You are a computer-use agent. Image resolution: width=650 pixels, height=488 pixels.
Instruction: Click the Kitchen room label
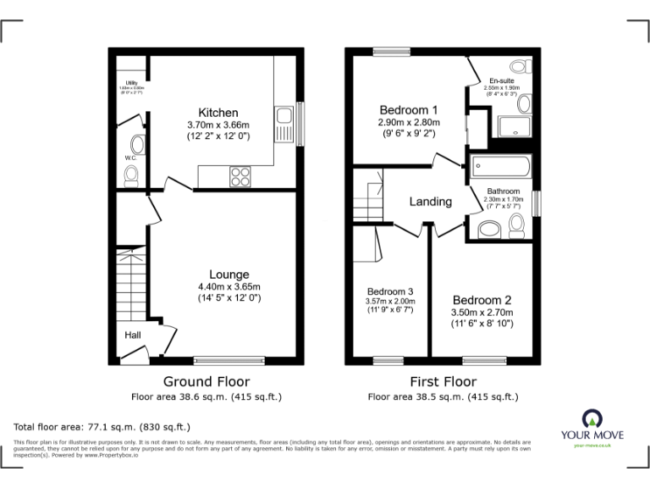coord(218,113)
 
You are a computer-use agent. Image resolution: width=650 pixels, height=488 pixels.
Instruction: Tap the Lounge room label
coord(229,274)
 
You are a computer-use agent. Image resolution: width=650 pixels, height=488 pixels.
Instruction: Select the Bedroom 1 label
coord(408,110)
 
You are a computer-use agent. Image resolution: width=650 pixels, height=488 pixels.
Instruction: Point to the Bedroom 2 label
coord(482,300)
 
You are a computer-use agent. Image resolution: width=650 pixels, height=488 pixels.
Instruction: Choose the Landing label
coord(430,202)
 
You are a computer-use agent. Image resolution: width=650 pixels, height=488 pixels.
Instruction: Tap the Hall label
coord(133,335)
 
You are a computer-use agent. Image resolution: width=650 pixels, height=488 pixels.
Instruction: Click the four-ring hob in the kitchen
coord(240,176)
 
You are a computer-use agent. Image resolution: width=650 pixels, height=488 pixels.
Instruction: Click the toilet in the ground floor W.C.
coord(131,175)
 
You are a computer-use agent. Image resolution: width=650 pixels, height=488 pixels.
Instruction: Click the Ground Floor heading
coord(206,381)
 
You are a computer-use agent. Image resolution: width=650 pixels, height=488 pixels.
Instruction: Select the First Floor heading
coord(442,381)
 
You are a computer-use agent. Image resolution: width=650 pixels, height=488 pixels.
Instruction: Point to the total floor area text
coord(102,427)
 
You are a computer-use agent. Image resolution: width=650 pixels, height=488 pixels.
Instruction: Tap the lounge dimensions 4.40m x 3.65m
coord(229,286)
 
